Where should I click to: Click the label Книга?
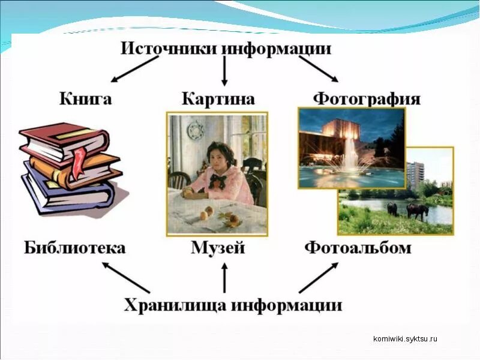(85, 98)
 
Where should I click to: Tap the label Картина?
(218, 98)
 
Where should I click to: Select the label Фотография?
(367, 98)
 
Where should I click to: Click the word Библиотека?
(74, 247)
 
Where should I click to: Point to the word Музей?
(218, 247)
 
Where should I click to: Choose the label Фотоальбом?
(358, 247)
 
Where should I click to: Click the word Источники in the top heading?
(168, 48)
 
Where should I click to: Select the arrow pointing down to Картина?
(224, 71)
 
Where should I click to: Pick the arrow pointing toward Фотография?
(318, 70)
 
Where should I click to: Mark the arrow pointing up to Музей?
(224, 279)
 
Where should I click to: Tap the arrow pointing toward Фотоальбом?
(318, 277)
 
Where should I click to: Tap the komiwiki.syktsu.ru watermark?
(405, 338)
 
